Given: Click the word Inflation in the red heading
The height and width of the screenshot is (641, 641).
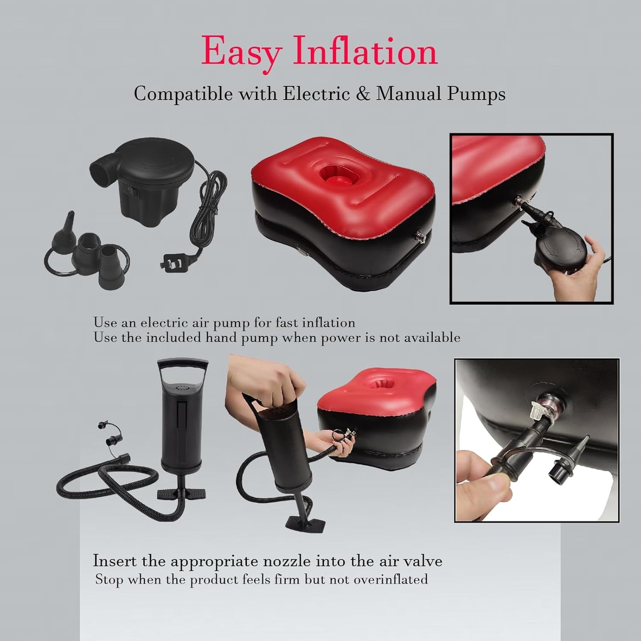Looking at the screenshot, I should [365, 51].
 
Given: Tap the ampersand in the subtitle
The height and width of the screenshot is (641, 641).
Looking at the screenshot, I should [363, 94].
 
